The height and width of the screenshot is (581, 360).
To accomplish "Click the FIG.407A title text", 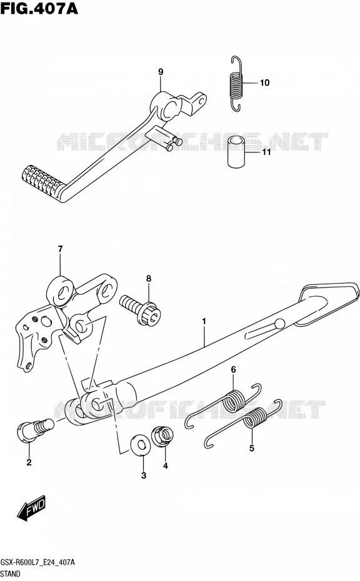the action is [39, 7].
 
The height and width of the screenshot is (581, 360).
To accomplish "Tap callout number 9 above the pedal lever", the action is [161, 71].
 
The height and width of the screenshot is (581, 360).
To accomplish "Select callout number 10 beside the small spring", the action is [264, 82].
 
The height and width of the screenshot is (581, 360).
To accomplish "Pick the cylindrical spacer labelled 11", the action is [236, 152].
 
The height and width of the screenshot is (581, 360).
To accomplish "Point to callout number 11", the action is [267, 152].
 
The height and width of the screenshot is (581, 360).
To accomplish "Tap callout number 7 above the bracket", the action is [60, 249].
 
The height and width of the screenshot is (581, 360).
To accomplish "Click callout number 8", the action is [149, 278].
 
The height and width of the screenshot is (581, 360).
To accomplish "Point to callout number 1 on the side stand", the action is [204, 321].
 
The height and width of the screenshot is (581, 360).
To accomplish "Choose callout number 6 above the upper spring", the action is [233, 369].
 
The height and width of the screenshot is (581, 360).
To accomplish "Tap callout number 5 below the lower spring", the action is [252, 449].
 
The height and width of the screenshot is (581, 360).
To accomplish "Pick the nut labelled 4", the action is [162, 437].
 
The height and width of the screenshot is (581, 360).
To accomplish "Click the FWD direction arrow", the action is [31, 507].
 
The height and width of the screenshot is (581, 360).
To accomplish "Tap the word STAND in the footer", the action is [11, 574].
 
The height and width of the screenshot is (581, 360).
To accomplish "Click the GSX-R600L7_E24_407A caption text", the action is [37, 563].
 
